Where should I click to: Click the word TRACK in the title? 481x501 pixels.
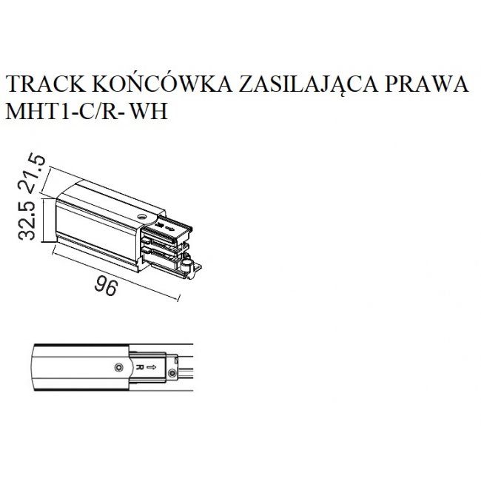[46, 84]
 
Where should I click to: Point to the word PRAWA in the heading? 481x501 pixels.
[426, 84]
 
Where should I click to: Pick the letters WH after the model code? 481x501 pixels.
[149, 112]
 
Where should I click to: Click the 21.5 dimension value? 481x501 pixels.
[35, 173]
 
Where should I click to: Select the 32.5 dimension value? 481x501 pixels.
[27, 221]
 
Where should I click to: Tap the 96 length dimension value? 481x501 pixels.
[107, 286]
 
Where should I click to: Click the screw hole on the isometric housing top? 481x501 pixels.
[141, 216]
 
